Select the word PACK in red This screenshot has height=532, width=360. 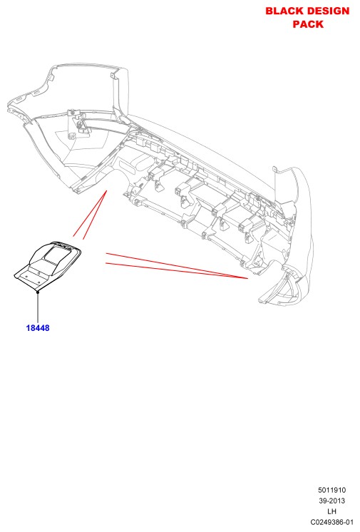308,24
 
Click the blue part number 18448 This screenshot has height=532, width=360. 38,328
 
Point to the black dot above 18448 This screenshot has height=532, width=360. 38,292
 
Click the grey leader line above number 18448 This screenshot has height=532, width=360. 38,308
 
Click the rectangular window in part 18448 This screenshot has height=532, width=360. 58,255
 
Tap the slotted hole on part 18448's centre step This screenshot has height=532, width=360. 39,273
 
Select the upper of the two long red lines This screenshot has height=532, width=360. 177,266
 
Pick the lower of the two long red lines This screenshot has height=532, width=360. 177,271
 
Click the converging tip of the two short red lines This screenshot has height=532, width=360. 106,191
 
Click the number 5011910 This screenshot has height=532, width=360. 331,490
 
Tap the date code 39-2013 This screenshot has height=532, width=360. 331,501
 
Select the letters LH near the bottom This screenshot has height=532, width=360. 331,511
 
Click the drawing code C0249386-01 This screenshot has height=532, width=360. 331,522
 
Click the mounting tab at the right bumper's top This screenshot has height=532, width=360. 274,170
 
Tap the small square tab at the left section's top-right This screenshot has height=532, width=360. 113,76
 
